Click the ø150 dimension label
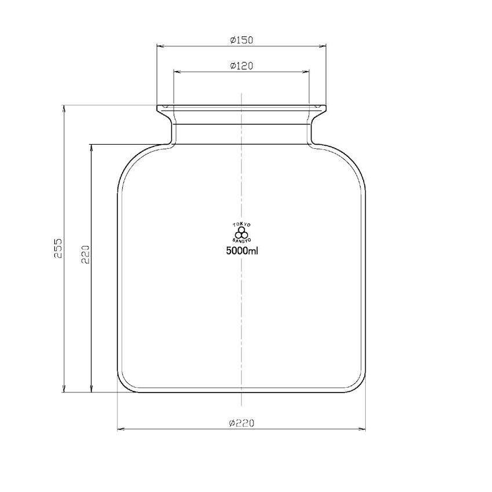click(241, 41)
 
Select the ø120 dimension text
click(241, 66)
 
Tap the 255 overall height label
click(58, 248)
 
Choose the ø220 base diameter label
click(241, 423)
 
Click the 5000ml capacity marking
click(241, 251)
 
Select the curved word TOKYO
click(241, 224)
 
